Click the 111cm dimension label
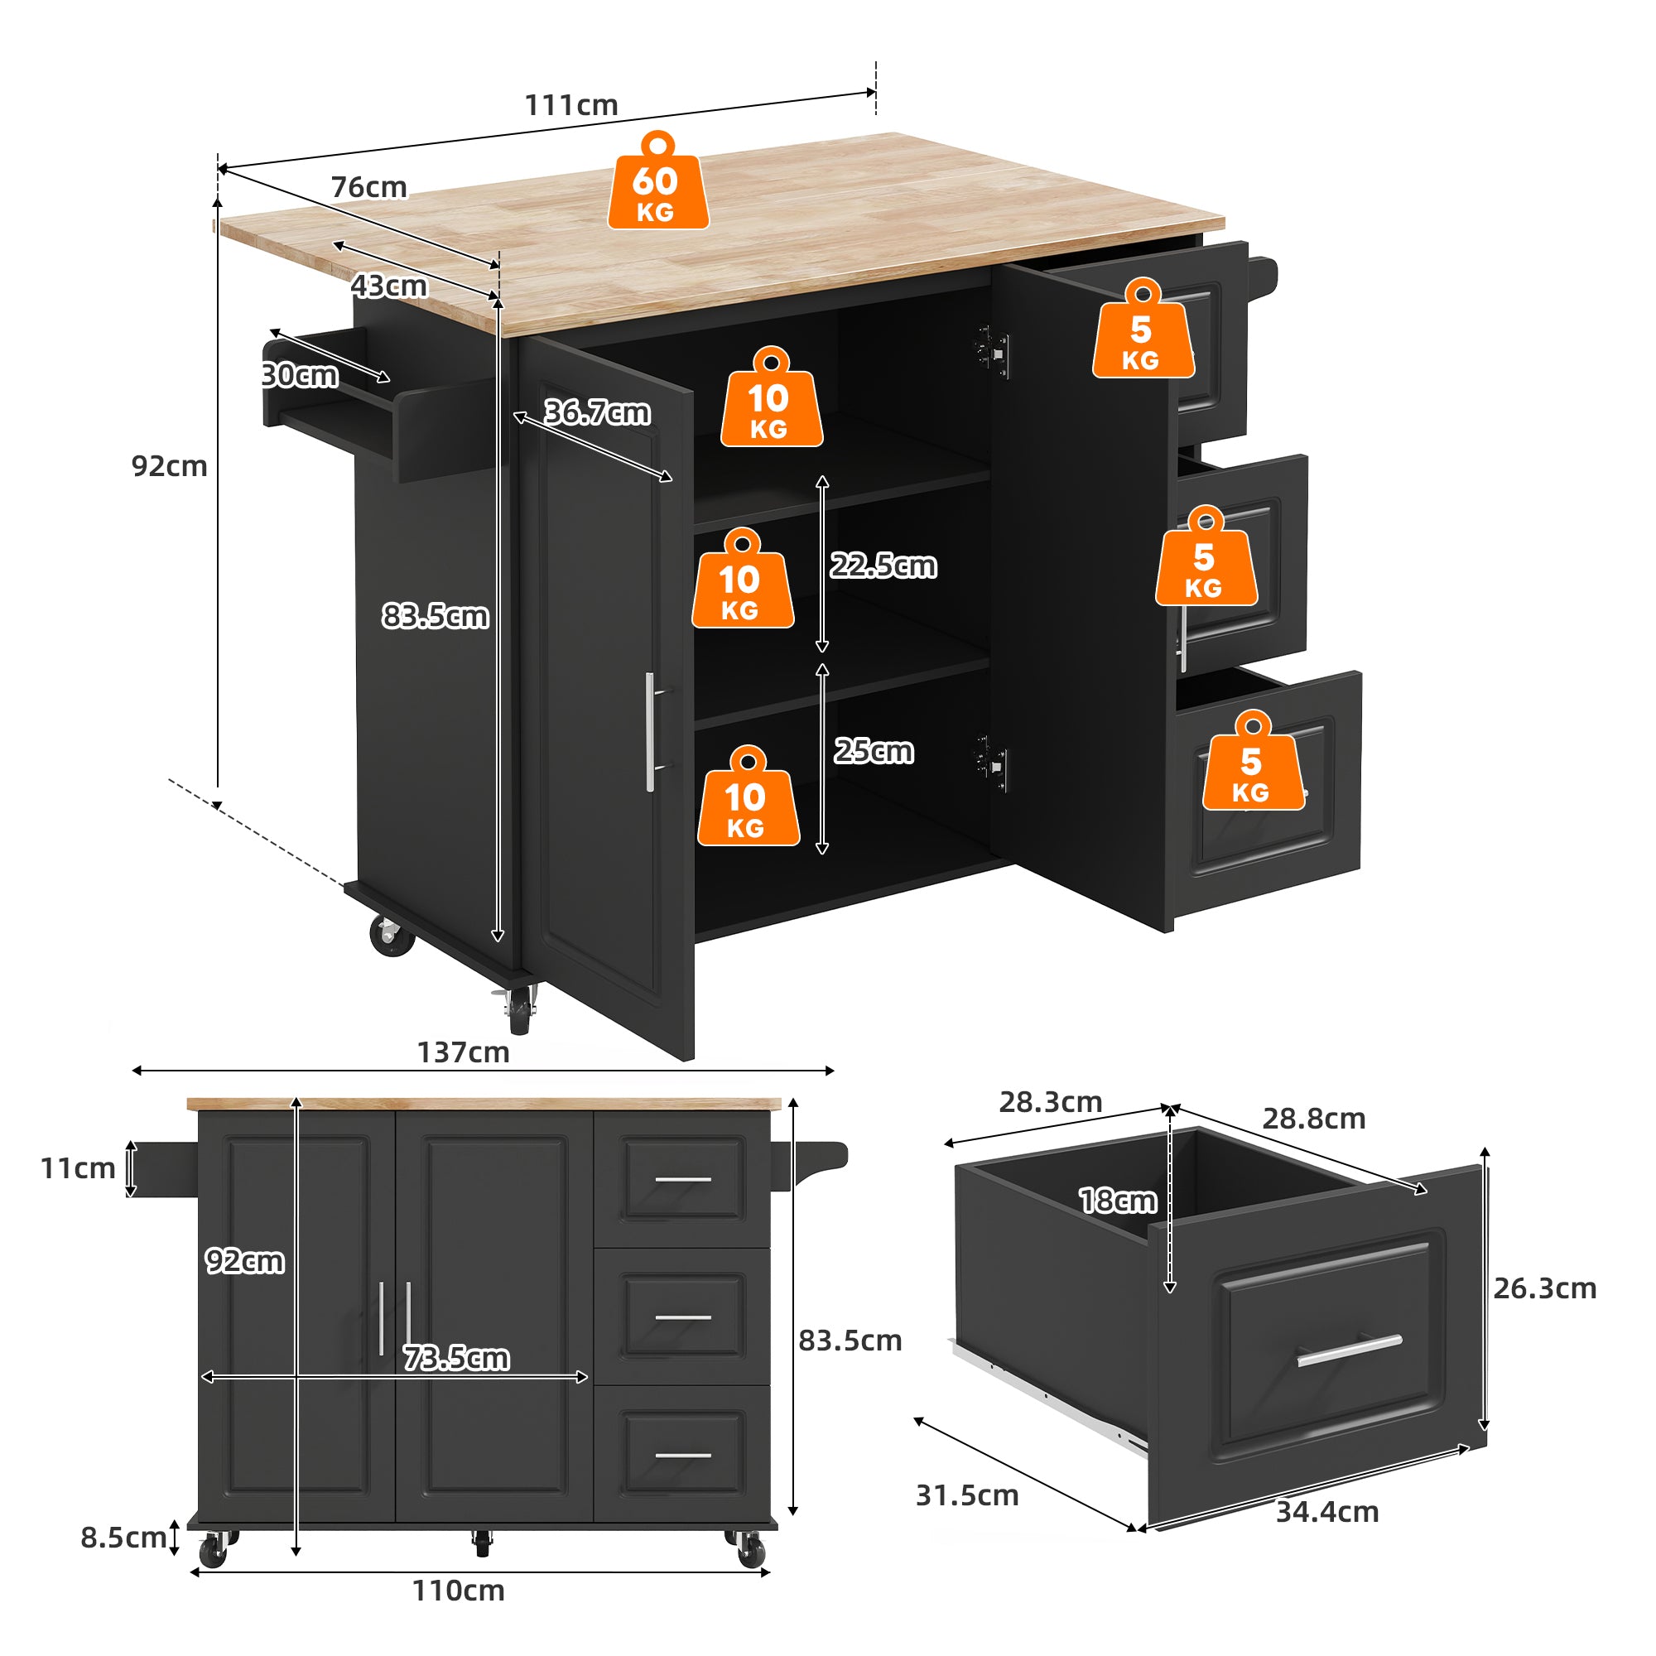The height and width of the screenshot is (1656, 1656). pyautogui.click(x=570, y=105)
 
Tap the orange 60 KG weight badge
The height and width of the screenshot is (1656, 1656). pyautogui.click(x=657, y=185)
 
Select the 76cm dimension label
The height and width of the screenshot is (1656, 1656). pyautogui.click(x=368, y=187)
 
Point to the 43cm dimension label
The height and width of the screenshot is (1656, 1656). pyautogui.click(x=388, y=286)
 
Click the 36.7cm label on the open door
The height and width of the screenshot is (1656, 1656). pyautogui.click(x=598, y=412)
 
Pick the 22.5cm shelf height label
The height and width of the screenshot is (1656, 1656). pyautogui.click(x=883, y=566)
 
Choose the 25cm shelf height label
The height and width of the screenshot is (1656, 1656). pyautogui.click(x=874, y=751)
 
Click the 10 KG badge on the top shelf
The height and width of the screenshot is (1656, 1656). pyautogui.click(x=771, y=401)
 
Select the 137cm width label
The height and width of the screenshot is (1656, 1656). pyautogui.click(x=463, y=1052)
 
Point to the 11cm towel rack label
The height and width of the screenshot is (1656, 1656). pyautogui.click(x=78, y=1168)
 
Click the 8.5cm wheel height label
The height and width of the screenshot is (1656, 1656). pyautogui.click(x=123, y=1538)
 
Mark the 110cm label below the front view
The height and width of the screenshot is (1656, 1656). pyautogui.click(x=458, y=1591)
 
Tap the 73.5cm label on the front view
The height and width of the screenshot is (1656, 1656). pyautogui.click(x=456, y=1359)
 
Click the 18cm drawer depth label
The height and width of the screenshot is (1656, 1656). pyautogui.click(x=1118, y=1201)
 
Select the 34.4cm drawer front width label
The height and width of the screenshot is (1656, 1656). pyautogui.click(x=1326, y=1512)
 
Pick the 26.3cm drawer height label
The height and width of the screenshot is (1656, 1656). pyautogui.click(x=1544, y=1288)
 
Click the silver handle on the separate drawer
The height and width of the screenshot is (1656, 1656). pyautogui.click(x=1349, y=1350)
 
